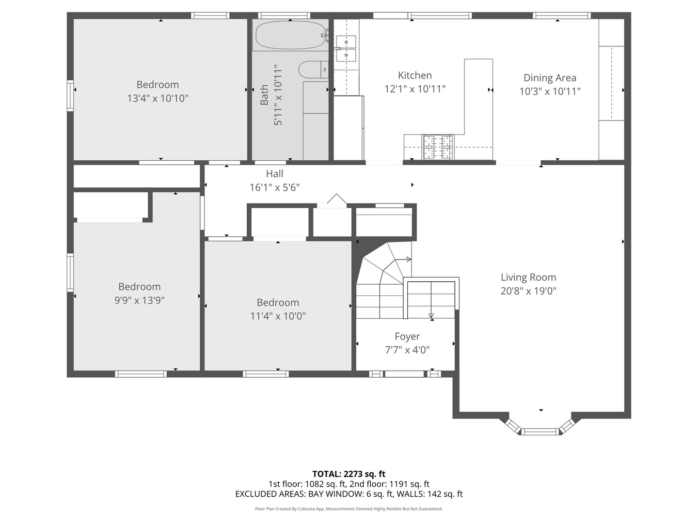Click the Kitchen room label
click(414, 75)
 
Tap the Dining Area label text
click(550, 78)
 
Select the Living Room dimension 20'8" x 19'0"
click(528, 291)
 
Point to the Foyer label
click(407, 336)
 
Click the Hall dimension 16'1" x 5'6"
click(274, 187)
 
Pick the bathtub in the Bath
click(291, 35)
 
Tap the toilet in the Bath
click(313, 69)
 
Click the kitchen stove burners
click(438, 147)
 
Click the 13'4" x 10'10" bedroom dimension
click(158, 98)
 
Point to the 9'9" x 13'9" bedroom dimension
click(139, 300)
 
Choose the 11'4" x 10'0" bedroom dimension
click(278, 316)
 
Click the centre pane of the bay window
click(540, 431)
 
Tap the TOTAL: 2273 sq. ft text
click(349, 474)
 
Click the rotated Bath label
click(264, 94)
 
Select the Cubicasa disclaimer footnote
click(349, 508)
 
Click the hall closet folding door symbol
click(336, 199)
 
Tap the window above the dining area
click(562, 15)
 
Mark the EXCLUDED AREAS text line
click(349, 494)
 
